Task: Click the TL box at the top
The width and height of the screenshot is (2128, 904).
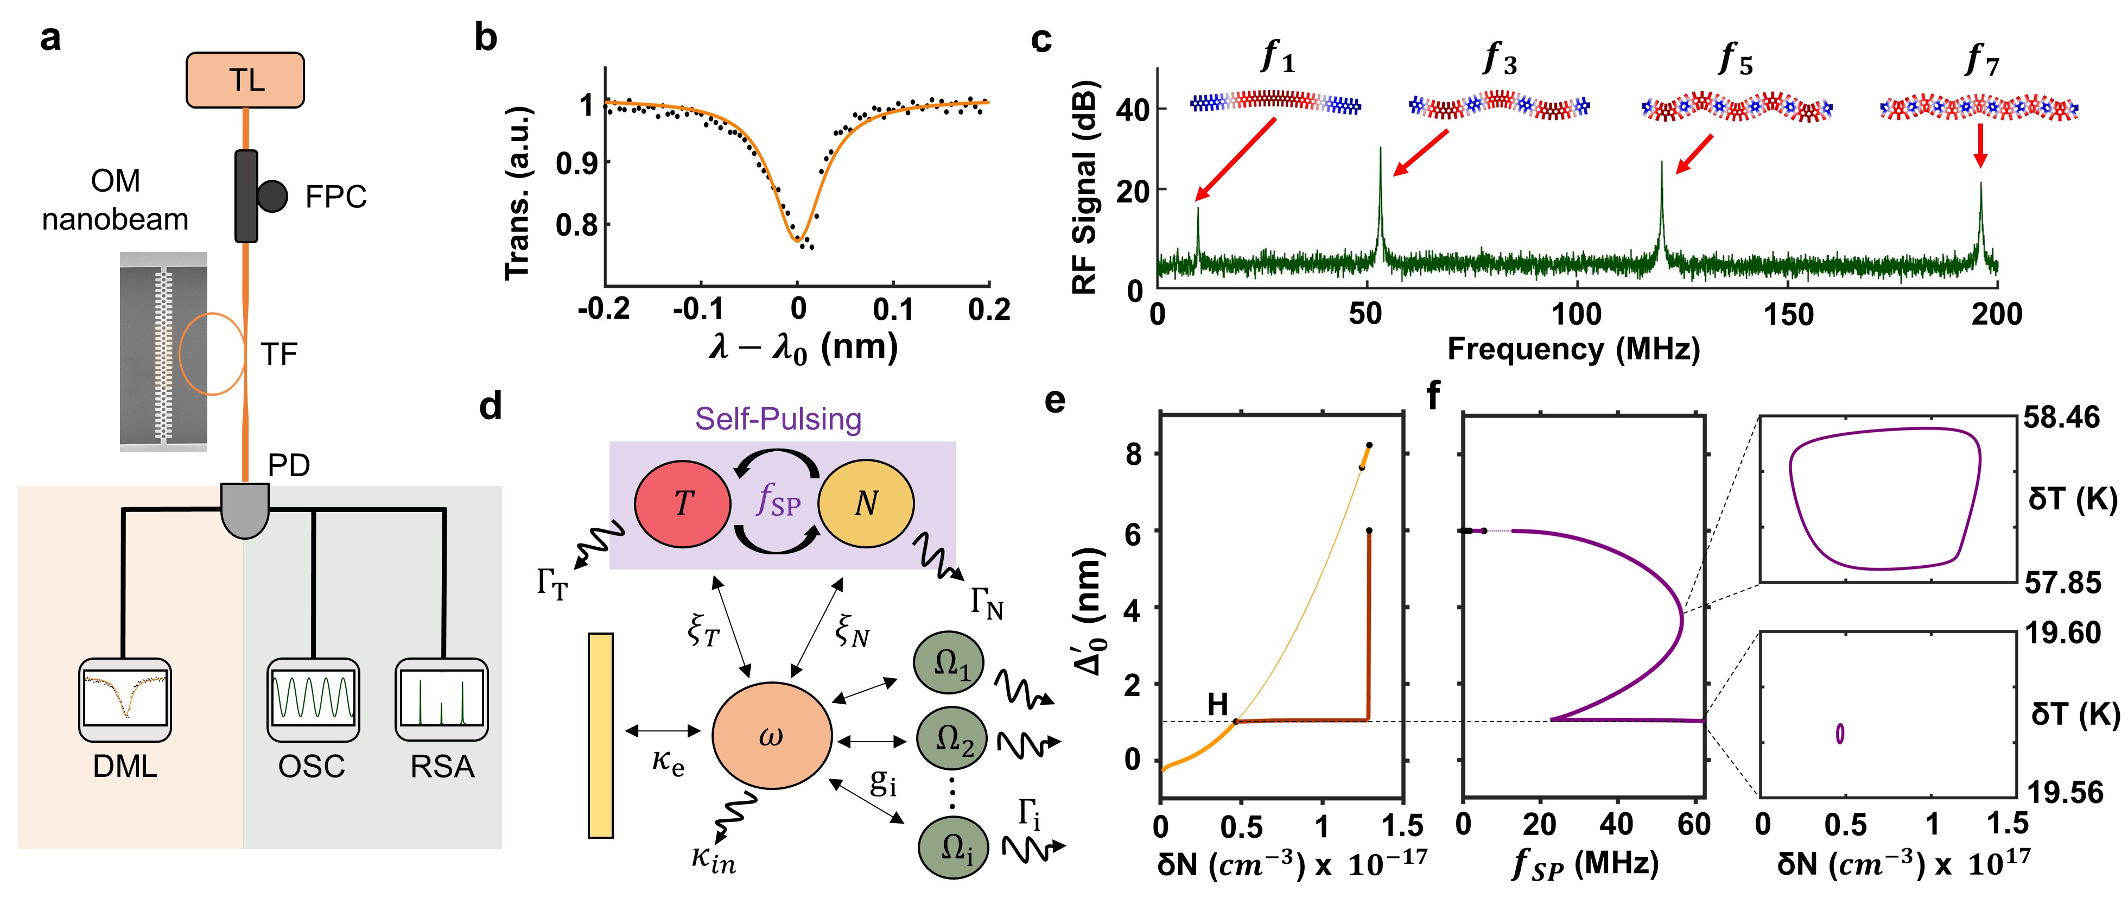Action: (245, 80)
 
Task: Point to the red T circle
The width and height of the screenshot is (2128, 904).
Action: (682, 503)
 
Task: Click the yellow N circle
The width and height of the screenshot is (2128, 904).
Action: (866, 503)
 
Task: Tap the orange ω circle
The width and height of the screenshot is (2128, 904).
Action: (772, 736)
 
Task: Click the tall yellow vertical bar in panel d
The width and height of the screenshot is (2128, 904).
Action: (601, 736)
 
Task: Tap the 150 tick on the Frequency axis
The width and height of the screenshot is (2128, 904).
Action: (1788, 315)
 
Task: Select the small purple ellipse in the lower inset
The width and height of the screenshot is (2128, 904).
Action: (1840, 733)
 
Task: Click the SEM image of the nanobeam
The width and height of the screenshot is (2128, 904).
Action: (163, 351)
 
